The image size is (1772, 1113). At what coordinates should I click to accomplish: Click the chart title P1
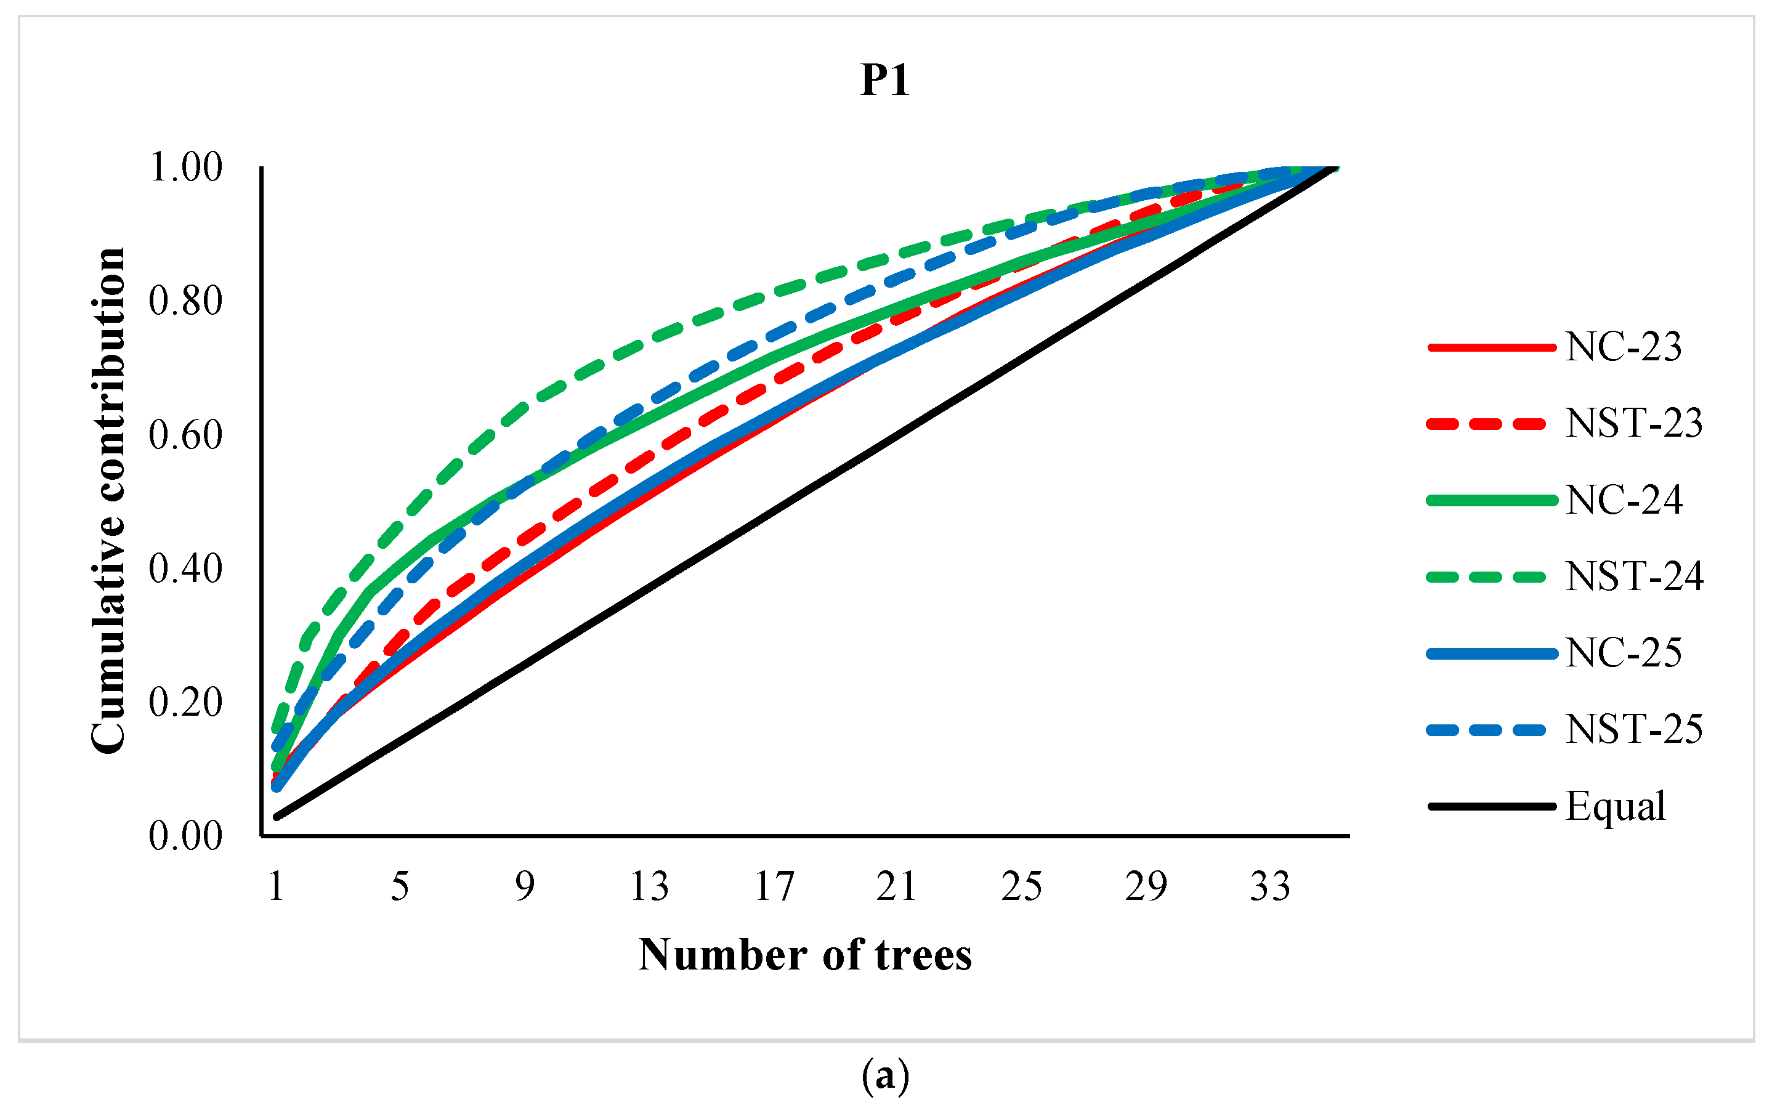tap(885, 80)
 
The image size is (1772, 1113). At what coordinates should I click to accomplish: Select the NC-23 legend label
tap(1624, 347)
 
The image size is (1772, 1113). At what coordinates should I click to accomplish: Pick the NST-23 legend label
tap(1633, 423)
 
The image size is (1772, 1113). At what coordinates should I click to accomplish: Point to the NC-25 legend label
tap(1624, 653)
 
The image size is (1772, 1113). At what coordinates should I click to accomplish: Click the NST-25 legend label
tap(1633, 729)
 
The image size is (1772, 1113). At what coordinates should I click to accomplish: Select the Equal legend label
tap(1616, 807)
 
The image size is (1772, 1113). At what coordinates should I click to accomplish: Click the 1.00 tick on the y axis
tap(185, 168)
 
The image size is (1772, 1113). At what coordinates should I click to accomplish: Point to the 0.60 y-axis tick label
tap(185, 435)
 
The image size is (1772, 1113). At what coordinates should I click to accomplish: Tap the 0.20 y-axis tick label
tap(185, 702)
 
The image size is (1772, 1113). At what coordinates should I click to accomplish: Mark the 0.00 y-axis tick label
tap(185, 836)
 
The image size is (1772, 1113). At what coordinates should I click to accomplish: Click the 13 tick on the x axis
tap(649, 886)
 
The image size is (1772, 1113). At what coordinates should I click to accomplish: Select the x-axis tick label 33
tap(1270, 886)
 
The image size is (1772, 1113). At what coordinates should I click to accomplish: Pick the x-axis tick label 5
tap(400, 886)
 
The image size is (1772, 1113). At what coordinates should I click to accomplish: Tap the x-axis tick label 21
tap(897, 886)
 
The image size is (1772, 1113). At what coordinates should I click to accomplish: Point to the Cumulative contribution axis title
tap(109, 501)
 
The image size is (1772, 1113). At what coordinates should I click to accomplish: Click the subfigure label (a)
tap(885, 1076)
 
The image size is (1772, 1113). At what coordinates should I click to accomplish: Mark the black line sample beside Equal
tap(1492, 807)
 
